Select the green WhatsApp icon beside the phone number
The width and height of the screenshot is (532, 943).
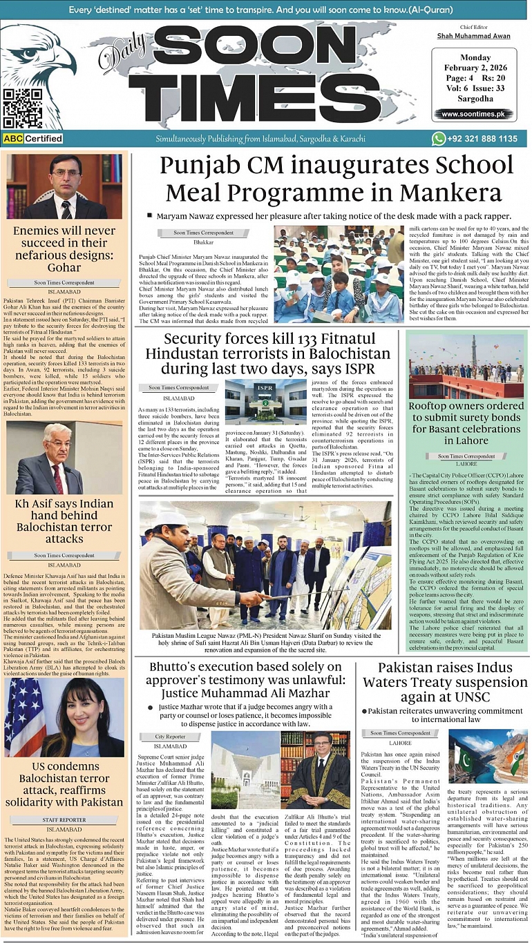pos(439,139)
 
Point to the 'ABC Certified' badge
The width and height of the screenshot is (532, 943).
pos(32,139)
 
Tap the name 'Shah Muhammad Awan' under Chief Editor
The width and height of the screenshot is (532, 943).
pos(473,36)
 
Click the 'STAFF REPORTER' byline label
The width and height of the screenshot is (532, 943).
pos(64,820)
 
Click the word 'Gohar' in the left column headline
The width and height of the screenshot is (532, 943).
pos(64,267)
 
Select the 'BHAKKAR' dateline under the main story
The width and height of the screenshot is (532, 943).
pos(203,243)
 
